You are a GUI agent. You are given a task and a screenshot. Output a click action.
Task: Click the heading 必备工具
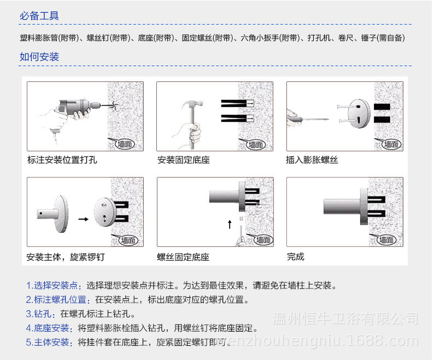tap(39, 16)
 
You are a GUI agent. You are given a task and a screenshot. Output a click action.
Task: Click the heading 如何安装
tap(39, 57)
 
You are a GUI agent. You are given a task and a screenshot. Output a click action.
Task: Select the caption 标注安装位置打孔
tap(62, 160)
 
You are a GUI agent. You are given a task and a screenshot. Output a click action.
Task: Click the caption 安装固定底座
tap(183, 160)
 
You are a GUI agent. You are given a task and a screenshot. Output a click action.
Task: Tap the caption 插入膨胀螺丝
tap(312, 160)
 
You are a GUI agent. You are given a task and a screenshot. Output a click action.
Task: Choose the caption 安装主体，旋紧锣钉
tap(65, 257)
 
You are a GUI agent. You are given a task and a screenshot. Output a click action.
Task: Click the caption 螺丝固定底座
tap(183, 257)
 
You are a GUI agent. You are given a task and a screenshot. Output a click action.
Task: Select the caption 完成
tap(295, 257)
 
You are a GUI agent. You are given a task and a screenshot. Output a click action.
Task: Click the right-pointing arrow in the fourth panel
tap(83, 219)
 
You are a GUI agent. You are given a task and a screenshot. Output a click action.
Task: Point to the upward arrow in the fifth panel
tap(230, 224)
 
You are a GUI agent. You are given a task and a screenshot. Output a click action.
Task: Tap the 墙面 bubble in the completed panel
tap(385, 240)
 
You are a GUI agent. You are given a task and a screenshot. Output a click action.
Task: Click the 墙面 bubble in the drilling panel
tap(125, 144)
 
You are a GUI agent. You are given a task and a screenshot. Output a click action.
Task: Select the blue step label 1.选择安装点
tap(54, 286)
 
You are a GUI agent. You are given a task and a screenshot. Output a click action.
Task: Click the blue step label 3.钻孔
tap(42, 314)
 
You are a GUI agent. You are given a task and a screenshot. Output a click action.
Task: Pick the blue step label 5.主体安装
tap(50, 343)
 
